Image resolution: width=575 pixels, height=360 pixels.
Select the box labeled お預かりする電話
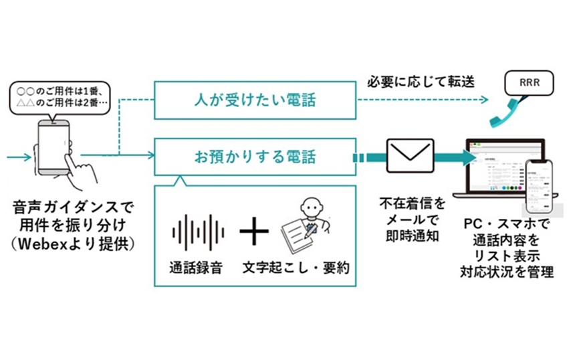pos(255,158)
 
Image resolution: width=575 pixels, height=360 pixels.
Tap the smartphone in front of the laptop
pos(540,187)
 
